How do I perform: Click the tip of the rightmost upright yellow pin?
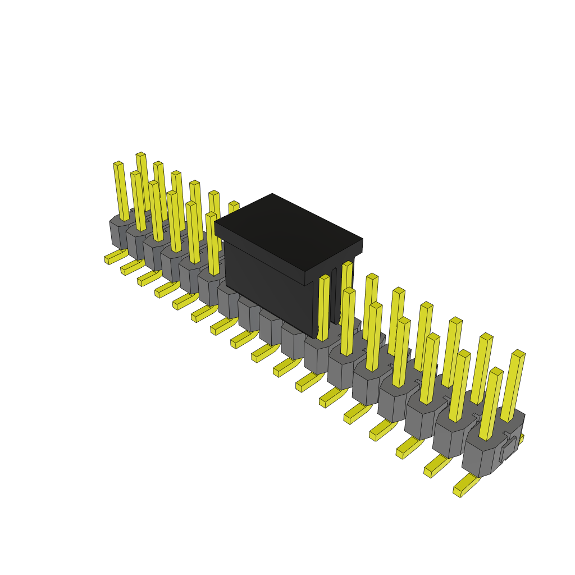point(518,354)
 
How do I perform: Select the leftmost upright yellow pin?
point(121,191)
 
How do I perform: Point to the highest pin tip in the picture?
point(140,154)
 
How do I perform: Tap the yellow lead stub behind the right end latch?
point(521,437)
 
